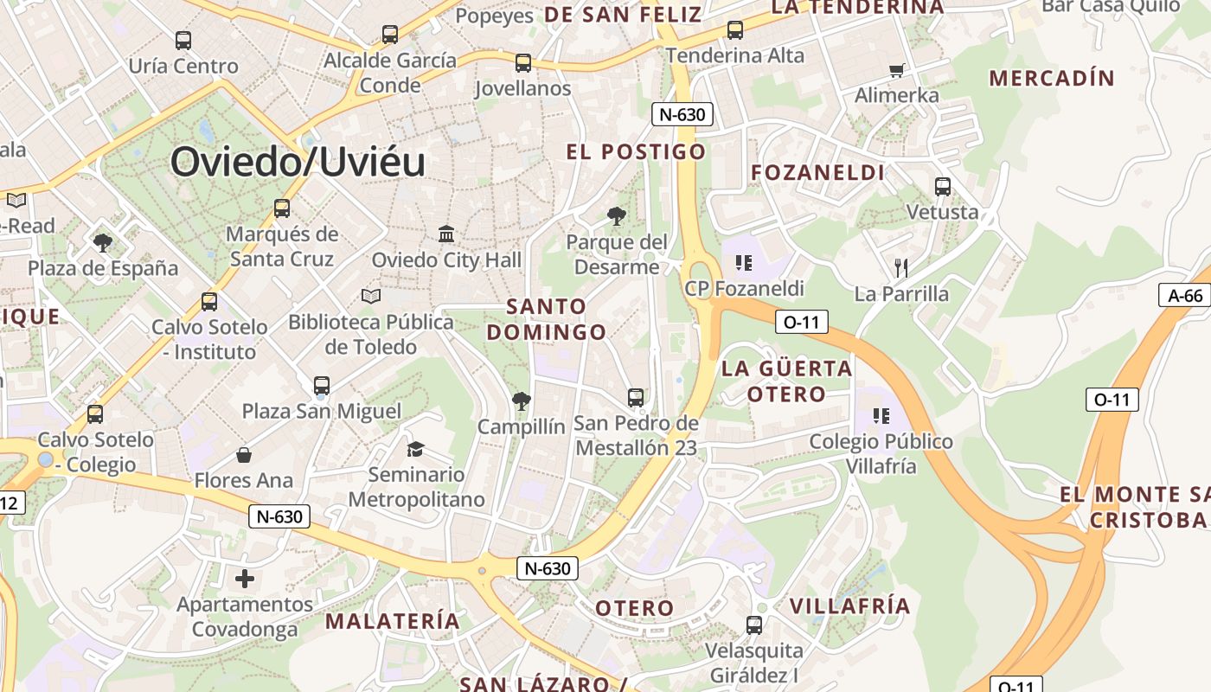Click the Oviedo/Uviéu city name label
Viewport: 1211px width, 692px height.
coord(298,162)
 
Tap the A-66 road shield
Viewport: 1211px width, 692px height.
coord(1184,295)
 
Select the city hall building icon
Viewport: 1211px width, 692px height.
coord(446,234)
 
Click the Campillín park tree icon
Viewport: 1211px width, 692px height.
coord(521,400)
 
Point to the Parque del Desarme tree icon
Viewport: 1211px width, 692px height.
coord(616,215)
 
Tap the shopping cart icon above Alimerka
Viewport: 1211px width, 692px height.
coord(897,70)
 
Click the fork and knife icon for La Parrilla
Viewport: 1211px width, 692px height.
coord(901,267)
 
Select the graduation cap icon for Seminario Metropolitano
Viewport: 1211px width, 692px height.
coord(416,449)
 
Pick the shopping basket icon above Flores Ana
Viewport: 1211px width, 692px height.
coord(244,455)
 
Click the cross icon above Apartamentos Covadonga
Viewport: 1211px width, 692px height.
coord(245,578)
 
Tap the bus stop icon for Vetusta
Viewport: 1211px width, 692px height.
coord(942,186)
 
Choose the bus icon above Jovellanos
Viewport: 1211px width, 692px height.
coord(522,62)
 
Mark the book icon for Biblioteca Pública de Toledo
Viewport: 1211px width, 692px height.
coord(371,297)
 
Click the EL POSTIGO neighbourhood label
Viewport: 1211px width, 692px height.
coord(636,152)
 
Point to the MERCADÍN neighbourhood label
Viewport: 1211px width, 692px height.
coord(1052,78)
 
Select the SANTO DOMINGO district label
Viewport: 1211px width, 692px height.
coord(547,319)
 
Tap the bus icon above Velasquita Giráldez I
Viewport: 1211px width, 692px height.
coord(753,625)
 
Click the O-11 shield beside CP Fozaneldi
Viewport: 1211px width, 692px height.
coord(801,322)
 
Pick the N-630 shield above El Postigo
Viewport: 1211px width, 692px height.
coord(682,114)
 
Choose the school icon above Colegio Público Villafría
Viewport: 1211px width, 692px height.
coord(881,415)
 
